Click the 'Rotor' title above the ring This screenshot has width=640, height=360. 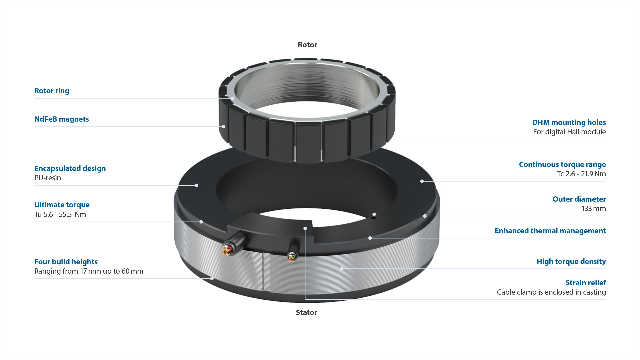[x=307, y=45]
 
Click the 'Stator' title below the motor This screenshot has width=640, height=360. [x=306, y=312]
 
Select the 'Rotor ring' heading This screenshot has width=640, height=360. [x=52, y=91]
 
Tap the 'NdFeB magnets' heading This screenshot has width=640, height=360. [x=62, y=119]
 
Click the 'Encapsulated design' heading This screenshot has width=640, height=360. [x=70, y=168]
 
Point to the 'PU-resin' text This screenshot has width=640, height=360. [x=48, y=178]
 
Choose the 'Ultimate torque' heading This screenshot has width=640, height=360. [x=62, y=205]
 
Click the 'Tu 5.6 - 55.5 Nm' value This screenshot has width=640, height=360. [x=60, y=214]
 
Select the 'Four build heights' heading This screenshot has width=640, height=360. [x=66, y=262]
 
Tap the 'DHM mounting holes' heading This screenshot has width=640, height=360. [x=569, y=122]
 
